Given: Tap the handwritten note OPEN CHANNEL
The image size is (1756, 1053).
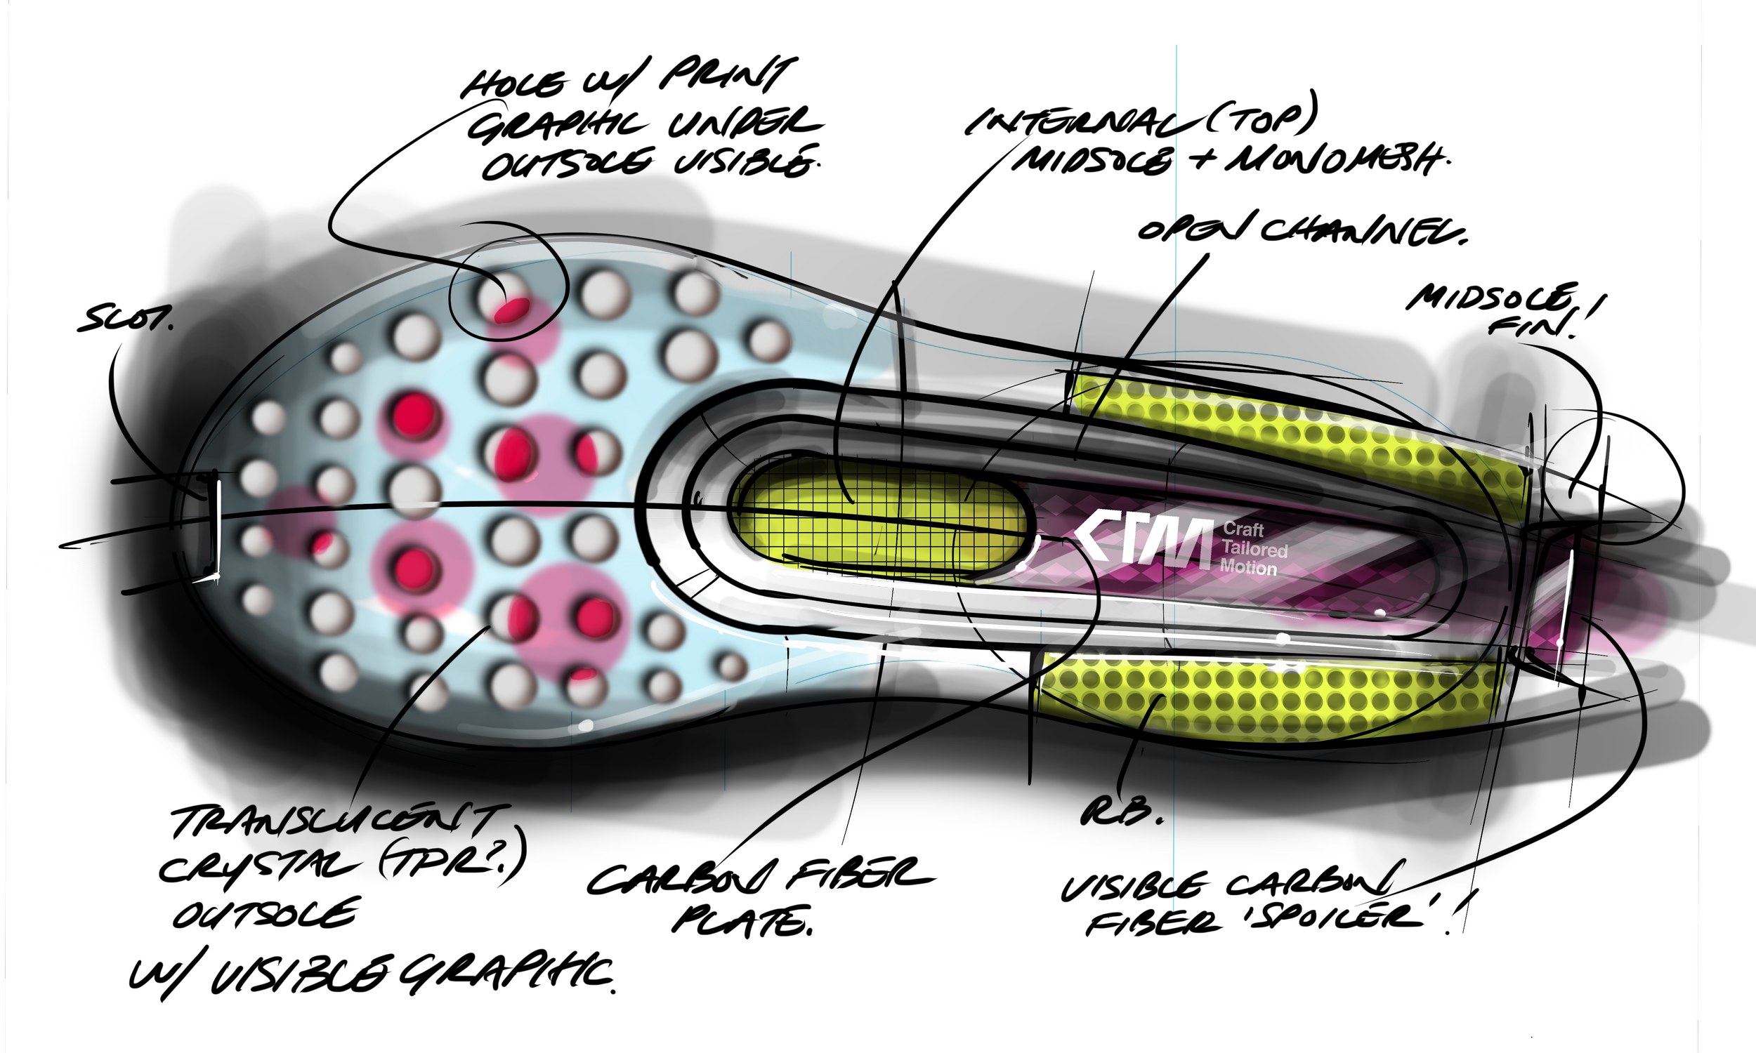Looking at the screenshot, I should pyautogui.click(x=1301, y=231).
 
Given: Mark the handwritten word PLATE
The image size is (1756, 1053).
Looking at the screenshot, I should pyautogui.click(x=742, y=921).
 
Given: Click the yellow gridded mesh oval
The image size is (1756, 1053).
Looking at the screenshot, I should pyautogui.click(x=880, y=522).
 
